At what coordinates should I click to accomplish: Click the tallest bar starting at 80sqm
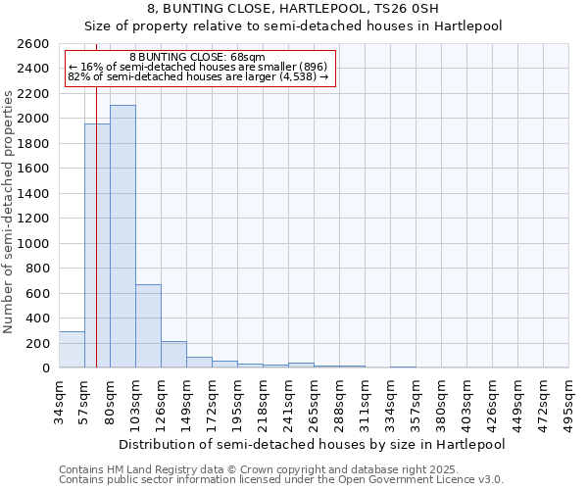point(122,236)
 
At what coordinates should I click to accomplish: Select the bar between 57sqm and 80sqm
point(97,245)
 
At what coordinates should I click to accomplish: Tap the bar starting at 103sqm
point(148,325)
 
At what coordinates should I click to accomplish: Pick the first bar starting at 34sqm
point(72,350)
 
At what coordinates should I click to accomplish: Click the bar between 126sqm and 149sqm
point(173,355)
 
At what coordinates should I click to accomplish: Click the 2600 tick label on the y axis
point(32,44)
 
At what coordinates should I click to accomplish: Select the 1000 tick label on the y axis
point(32,244)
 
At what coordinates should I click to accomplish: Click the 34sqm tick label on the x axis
point(59,402)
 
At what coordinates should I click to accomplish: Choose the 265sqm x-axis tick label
point(314,402)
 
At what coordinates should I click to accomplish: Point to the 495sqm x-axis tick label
point(569,402)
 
